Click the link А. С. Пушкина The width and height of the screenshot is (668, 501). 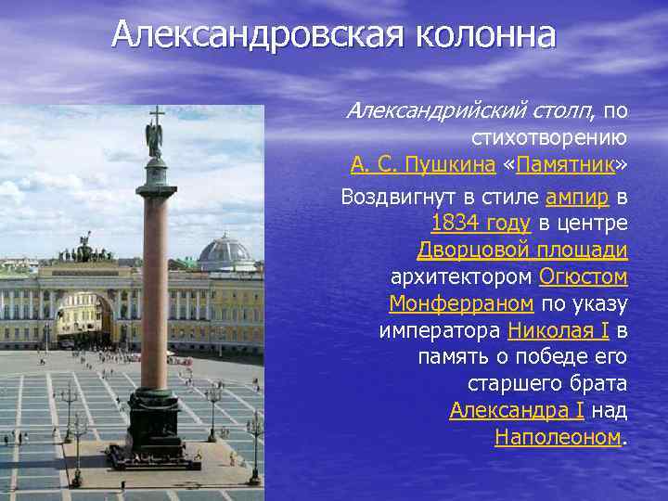coord(422,166)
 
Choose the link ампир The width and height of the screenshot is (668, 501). coord(578,197)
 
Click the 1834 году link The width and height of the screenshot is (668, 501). coord(481,223)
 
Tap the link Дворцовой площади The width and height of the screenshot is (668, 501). coord(522,250)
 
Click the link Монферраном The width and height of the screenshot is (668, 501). coord(461,303)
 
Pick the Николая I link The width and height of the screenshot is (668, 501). coord(559,330)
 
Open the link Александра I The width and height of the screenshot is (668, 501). coord(516,410)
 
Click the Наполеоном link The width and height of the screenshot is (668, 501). coord(558,437)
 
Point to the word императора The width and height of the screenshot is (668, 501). coord(440,330)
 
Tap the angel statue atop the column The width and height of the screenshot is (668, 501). coord(154,135)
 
